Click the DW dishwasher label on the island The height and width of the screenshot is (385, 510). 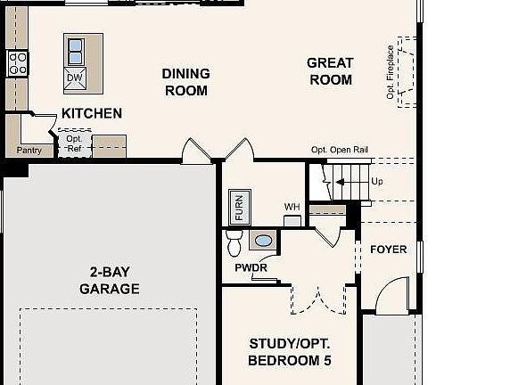(x=75, y=78)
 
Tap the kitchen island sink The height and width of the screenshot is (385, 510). (x=76, y=47)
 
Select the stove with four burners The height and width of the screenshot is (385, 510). (x=17, y=62)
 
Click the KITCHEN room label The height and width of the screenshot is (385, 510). (x=92, y=113)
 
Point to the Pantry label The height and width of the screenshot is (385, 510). (x=29, y=150)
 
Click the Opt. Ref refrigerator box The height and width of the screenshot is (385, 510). (x=74, y=143)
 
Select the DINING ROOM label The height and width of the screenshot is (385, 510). (x=185, y=82)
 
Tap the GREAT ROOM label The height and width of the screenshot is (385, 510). (x=330, y=71)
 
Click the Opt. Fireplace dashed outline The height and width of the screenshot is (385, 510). (x=406, y=71)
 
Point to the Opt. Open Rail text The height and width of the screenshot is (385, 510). (x=340, y=150)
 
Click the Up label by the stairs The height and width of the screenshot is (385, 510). (x=377, y=181)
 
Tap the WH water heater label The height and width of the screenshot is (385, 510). (x=292, y=207)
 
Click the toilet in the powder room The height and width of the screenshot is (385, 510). (x=234, y=242)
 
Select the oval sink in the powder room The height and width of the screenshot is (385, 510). (x=263, y=240)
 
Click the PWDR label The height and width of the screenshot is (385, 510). (x=251, y=267)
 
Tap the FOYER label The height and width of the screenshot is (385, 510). (x=388, y=250)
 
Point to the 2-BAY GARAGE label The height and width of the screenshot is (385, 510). (x=110, y=281)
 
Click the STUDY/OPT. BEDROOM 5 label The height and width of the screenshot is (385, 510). (x=290, y=352)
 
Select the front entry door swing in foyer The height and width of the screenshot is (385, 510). (x=391, y=297)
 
